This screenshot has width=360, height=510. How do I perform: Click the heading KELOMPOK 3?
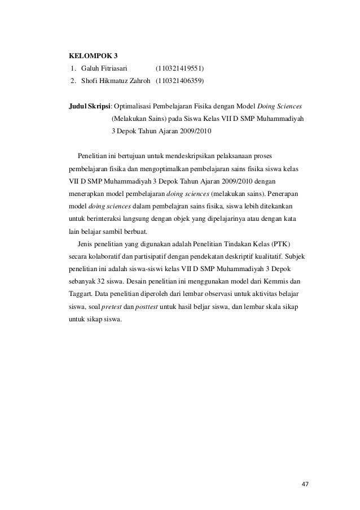coord(93,56)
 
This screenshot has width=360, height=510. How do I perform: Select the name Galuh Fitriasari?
coord(104,69)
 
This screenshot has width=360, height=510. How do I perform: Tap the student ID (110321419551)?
coord(180,69)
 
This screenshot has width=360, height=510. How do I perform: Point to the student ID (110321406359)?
coord(181,81)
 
